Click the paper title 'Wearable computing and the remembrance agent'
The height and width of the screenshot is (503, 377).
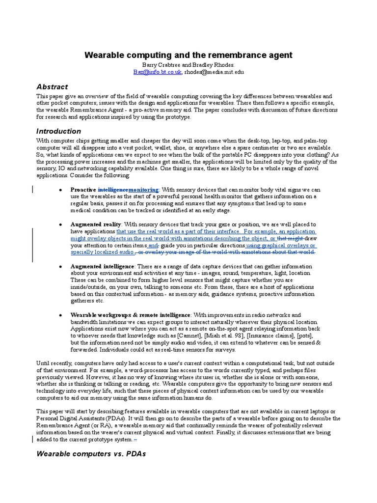point(188,56)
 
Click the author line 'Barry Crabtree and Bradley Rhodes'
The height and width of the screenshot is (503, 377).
point(188,65)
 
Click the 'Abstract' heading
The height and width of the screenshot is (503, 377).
point(52,86)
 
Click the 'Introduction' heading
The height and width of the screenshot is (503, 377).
point(58,131)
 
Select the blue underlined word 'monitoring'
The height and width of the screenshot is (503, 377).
point(143,190)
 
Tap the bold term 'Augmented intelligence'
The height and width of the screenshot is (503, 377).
point(102,266)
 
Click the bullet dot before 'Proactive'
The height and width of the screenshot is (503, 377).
point(59,190)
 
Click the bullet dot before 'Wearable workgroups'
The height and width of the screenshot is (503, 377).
point(59,314)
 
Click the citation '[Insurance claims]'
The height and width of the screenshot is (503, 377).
point(266,335)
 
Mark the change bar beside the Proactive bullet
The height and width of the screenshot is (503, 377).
point(33,190)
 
